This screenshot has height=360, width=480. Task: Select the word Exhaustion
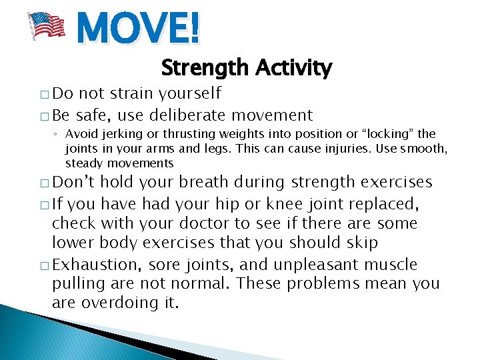click(95, 265)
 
